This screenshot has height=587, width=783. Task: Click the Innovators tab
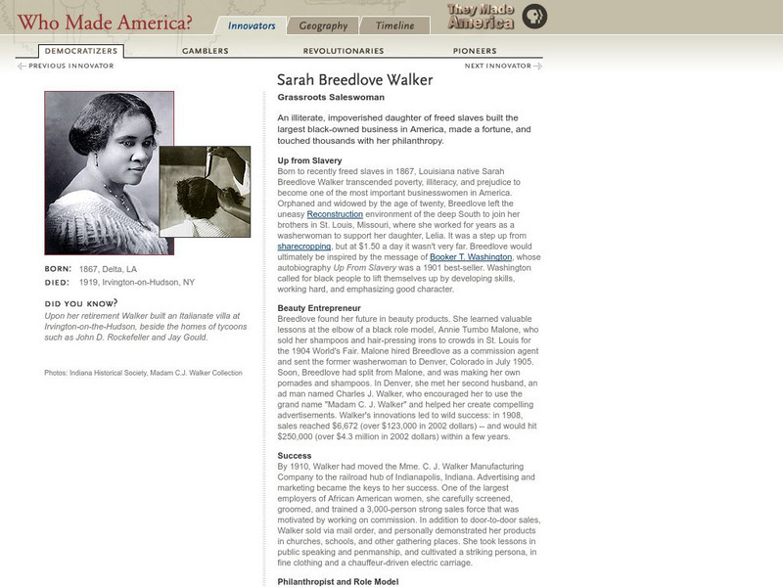point(251,26)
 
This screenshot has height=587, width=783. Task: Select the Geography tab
point(323,26)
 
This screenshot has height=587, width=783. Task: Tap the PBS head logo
point(534,17)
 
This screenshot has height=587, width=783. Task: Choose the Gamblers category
point(205,51)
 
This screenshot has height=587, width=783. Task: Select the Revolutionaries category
point(343,51)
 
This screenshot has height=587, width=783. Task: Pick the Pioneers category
point(475,51)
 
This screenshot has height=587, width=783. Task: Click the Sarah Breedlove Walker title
point(354,80)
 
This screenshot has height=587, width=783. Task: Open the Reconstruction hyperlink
point(336,213)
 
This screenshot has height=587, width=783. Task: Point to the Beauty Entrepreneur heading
point(319,307)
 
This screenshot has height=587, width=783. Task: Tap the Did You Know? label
point(77,303)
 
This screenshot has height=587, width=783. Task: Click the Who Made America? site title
point(105,22)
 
